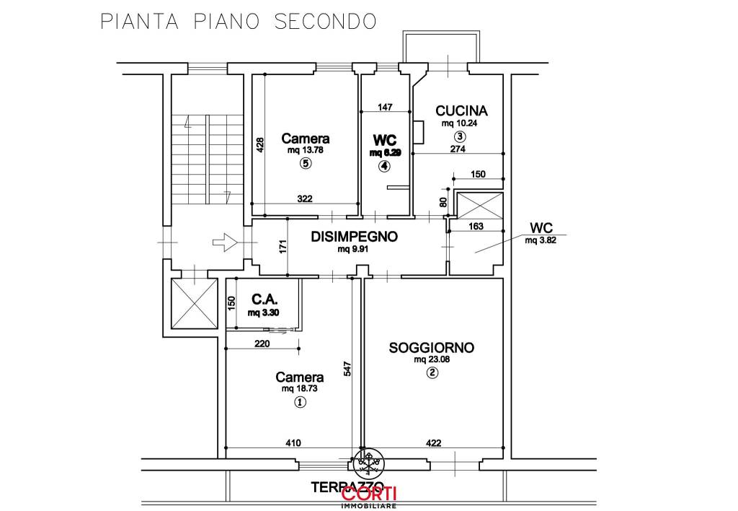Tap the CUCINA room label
pos(461,110)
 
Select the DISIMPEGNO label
pos(354,236)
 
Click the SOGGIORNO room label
pos(431,347)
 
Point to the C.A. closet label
pos(264,299)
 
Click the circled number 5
pos(306,164)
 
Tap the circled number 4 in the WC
pos(384,166)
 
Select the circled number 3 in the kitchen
pos(459,136)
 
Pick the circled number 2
pos(431,373)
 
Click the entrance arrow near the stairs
pos(226,243)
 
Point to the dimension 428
pos(260,146)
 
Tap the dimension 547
pos(348,370)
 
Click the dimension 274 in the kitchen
pos(458,149)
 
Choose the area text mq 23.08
pos(431,359)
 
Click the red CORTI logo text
pos(369,494)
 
